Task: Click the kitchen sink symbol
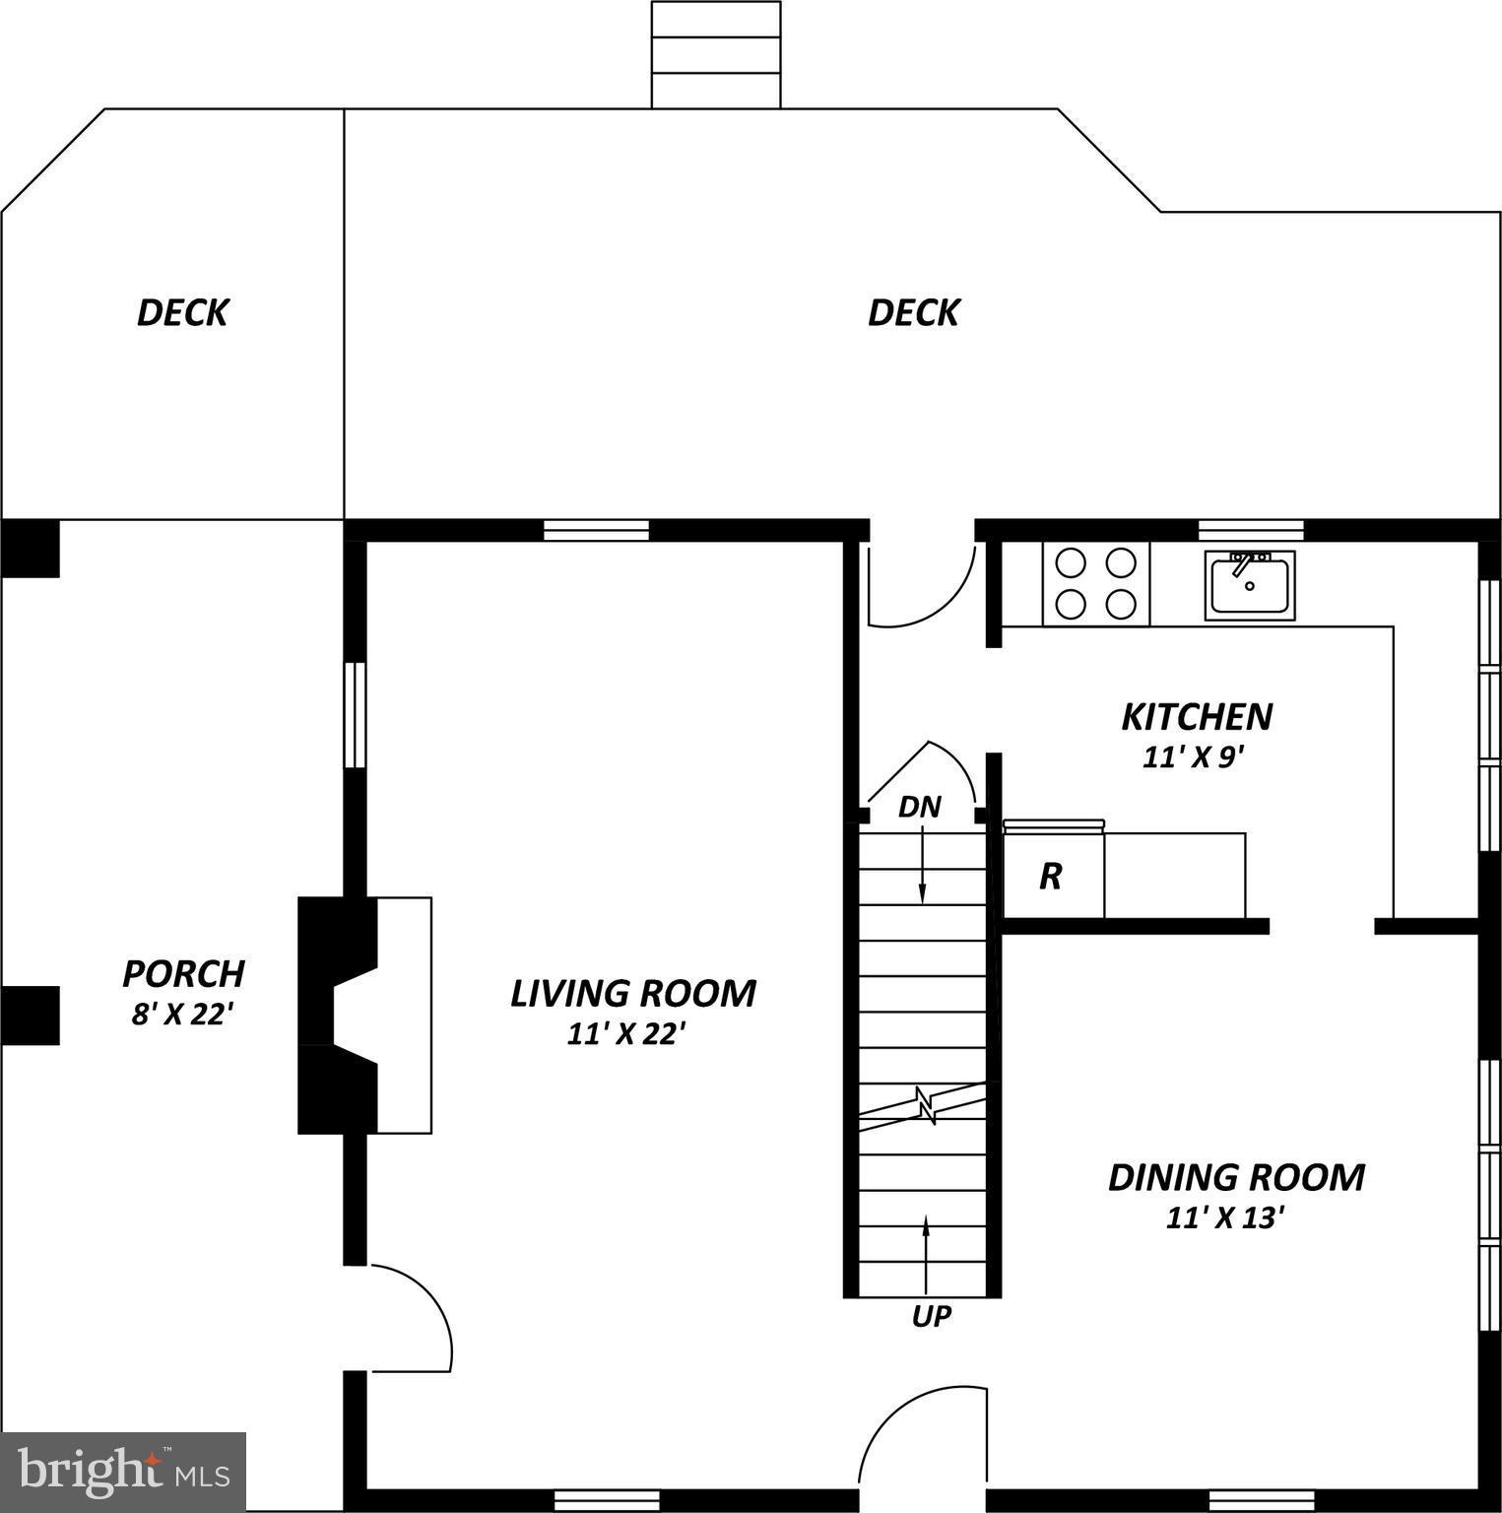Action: [1249, 584]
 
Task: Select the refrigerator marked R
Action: [1052, 876]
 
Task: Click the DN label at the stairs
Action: [920, 808]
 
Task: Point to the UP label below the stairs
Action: [931, 1316]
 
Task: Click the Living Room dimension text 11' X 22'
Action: [625, 1034]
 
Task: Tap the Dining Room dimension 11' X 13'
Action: [1226, 1218]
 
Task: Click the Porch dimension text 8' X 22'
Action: [182, 1014]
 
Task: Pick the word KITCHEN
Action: [1197, 716]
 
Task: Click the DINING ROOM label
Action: [1236, 1177]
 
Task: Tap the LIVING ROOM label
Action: [632, 993]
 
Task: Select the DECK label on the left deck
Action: [182, 312]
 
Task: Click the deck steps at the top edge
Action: [716, 54]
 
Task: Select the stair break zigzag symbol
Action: [924, 1104]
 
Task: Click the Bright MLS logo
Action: [123, 1472]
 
